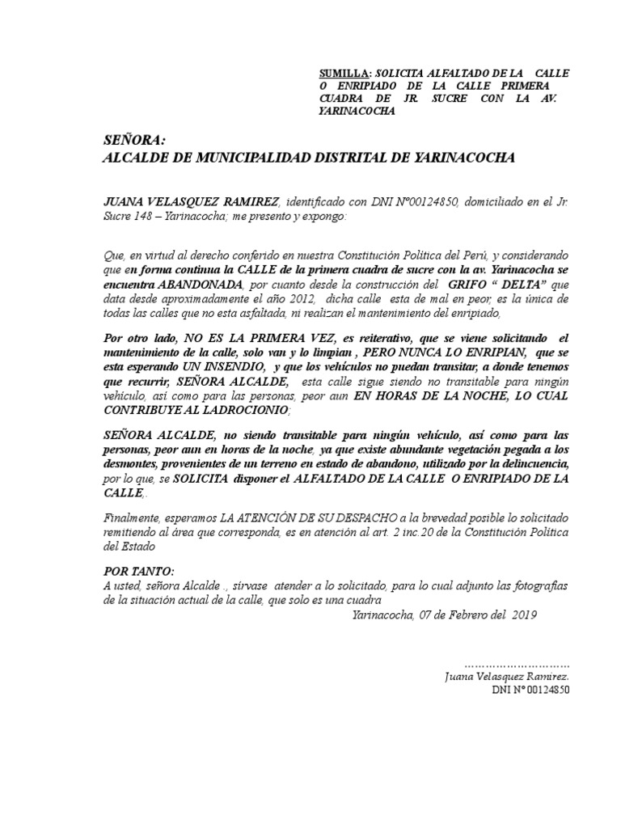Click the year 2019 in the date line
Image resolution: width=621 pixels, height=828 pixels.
pos(524,615)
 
